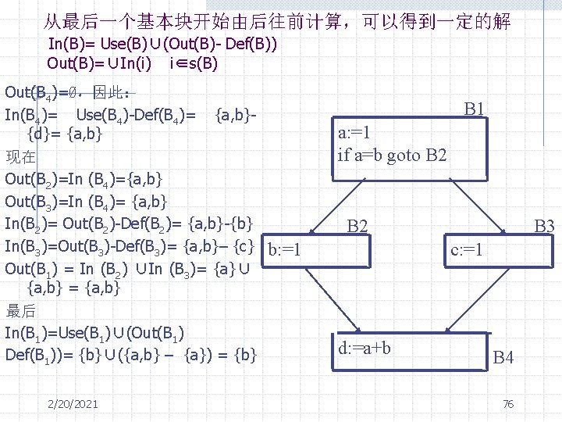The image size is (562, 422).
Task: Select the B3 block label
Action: [543, 227]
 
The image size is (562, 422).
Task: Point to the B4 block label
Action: [503, 359]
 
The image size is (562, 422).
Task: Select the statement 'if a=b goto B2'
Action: [392, 155]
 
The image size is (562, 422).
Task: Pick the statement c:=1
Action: [468, 251]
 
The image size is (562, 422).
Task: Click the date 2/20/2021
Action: [72, 403]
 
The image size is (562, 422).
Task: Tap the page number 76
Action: [507, 403]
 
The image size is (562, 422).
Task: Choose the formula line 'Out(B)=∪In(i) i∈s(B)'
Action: [133, 63]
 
